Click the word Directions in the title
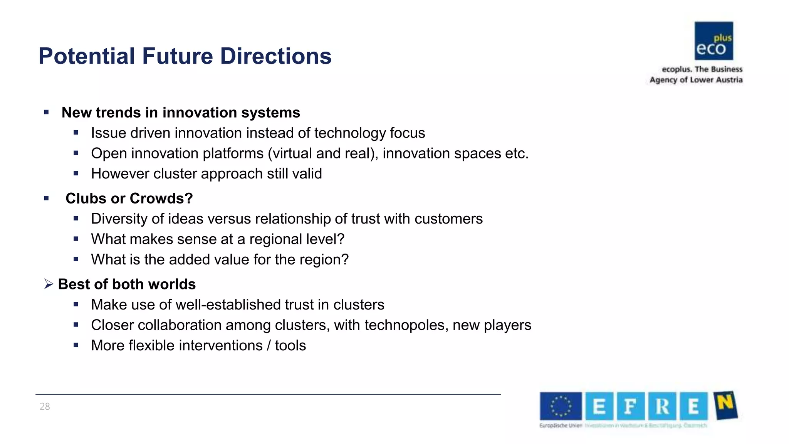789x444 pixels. (x=275, y=56)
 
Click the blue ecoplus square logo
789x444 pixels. (x=713, y=41)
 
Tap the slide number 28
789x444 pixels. (x=45, y=406)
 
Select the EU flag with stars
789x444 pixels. (x=561, y=406)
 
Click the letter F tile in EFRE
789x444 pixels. (x=630, y=406)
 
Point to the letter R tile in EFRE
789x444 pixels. (x=662, y=406)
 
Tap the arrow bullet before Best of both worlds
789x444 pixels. (x=48, y=284)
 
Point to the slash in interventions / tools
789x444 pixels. (x=269, y=346)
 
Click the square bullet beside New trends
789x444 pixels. (x=46, y=113)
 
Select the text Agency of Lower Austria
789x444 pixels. (x=696, y=80)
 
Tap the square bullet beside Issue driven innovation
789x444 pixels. (x=76, y=133)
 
